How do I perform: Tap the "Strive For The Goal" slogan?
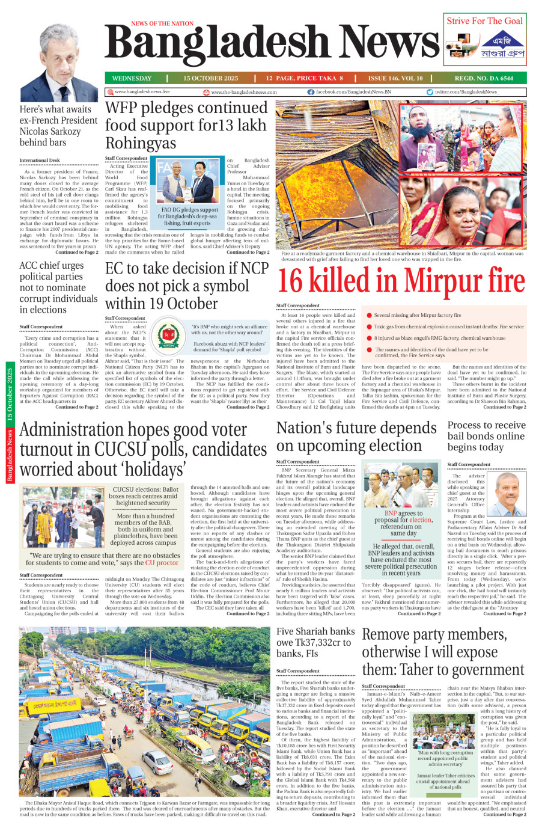[484, 20]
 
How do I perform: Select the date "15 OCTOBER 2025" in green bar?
[210, 78]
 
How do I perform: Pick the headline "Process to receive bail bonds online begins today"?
[486, 436]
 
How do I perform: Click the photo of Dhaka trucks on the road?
[145, 712]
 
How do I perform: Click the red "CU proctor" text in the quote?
[162, 563]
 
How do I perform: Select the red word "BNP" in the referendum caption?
[391, 514]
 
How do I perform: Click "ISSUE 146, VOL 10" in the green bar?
[395, 78]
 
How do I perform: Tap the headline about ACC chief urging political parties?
[58, 287]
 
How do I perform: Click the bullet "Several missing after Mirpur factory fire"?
[417, 315]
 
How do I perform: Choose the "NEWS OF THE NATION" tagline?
[162, 23]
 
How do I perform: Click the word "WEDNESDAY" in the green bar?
[132, 78]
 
